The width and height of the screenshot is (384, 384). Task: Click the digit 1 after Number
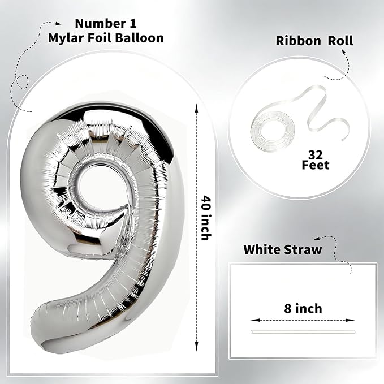[x=132, y=24]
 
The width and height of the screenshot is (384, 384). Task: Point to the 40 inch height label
[x=206, y=218]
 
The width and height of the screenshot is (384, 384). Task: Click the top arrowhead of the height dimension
[x=196, y=107]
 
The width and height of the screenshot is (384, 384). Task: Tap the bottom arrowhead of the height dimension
[x=196, y=347]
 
